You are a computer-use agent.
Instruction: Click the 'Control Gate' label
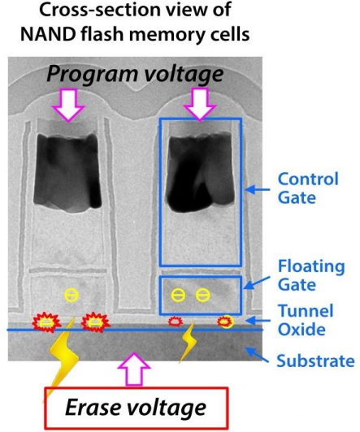(308, 188)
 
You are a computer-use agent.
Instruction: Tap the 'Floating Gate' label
(311, 275)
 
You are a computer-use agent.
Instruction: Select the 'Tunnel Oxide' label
(306, 320)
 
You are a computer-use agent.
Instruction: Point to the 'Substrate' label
(315, 361)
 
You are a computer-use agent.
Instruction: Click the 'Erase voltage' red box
(137, 408)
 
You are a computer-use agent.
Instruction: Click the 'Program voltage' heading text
(135, 74)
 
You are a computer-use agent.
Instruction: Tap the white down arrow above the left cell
(68, 105)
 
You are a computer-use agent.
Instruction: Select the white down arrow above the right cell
(200, 104)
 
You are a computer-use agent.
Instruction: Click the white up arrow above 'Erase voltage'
(134, 369)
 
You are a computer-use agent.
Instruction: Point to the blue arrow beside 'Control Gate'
(258, 189)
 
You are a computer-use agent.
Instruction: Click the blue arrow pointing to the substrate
(257, 356)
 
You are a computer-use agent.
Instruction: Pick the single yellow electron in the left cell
(72, 295)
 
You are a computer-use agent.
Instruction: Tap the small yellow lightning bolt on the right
(189, 342)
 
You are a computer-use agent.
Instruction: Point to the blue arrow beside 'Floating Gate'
(257, 283)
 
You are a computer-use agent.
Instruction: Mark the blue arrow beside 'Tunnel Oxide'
(258, 321)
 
